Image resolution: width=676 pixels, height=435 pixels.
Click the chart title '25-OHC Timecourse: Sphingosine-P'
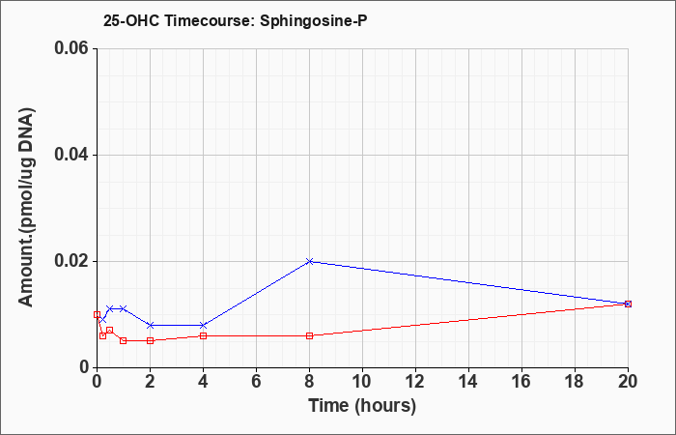coord(236,20)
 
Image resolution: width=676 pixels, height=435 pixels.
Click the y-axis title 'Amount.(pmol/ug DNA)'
coord(26,208)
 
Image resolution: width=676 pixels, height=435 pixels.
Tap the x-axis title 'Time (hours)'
coord(362,406)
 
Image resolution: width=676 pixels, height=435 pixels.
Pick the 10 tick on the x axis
coord(362,382)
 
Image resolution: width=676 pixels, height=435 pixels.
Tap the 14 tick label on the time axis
coord(468,382)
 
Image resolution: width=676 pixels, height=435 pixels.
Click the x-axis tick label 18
coord(576,382)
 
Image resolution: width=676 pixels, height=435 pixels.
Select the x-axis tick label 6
coord(256,382)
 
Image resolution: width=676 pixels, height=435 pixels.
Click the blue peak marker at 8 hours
coord(310,261)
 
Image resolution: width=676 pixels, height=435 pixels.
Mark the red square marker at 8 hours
coord(310,335)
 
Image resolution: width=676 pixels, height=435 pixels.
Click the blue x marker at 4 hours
coord(203,325)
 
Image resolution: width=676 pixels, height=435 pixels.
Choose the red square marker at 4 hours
coord(203,335)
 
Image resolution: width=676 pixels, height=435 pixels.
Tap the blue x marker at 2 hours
coord(150,325)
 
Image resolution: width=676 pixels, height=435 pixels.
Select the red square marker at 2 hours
coord(150,340)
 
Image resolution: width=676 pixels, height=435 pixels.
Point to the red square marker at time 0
coord(97,314)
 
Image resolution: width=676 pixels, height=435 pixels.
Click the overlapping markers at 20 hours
coord(628,304)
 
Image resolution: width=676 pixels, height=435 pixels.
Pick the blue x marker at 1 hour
coord(124,308)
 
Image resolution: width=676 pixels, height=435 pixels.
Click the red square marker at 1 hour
coord(124,340)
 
